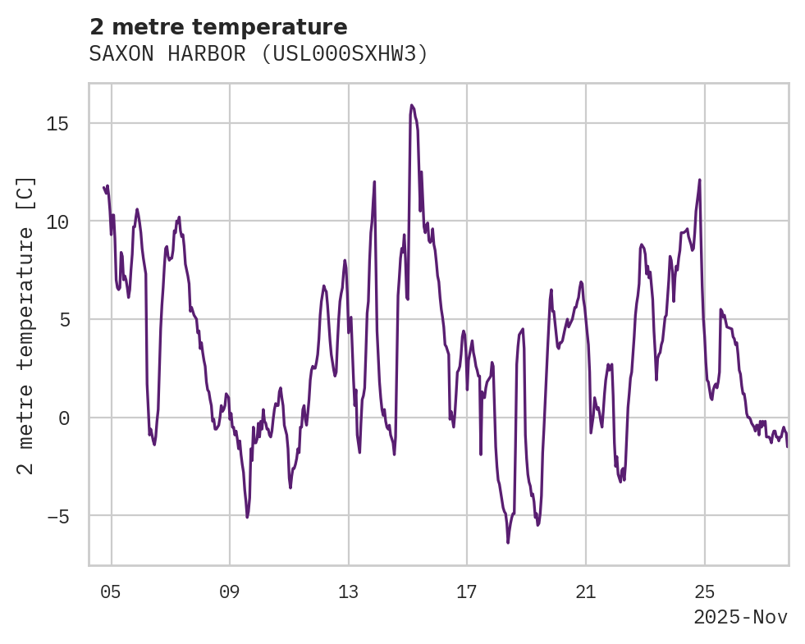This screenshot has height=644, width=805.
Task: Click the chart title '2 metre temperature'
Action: point(218,27)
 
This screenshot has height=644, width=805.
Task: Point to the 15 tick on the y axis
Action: point(58,123)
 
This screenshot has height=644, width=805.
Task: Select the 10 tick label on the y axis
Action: point(58,222)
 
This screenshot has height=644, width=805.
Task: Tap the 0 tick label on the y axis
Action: point(63,418)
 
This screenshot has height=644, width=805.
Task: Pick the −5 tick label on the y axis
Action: point(58,516)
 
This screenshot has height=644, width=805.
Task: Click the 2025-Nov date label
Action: point(740,618)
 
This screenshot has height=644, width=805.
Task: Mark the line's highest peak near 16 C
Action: point(411,105)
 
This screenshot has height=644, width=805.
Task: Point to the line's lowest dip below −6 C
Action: point(508,542)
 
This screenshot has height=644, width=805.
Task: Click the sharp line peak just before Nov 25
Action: point(699,180)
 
